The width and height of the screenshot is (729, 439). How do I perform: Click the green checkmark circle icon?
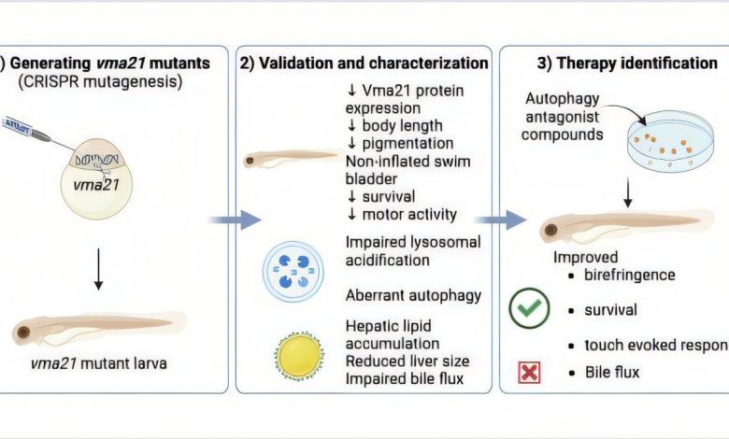click(529, 309)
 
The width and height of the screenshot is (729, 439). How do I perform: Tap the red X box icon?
click(529, 374)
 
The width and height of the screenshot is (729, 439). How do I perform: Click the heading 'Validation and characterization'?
click(364, 64)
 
